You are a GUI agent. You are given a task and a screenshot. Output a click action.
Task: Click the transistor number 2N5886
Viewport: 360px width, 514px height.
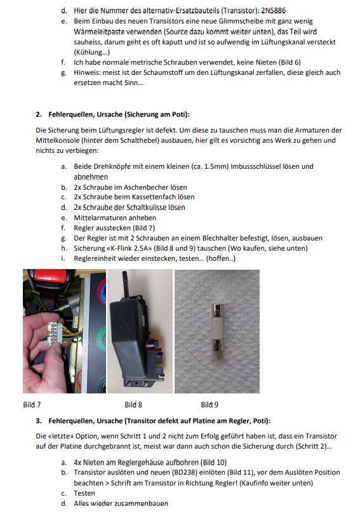point(274,11)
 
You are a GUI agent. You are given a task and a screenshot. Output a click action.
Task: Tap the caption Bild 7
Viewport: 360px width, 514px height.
point(32,404)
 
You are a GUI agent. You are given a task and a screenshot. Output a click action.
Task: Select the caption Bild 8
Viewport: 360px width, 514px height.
point(133,404)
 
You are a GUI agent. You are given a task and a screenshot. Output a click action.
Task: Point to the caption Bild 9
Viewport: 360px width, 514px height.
point(210,404)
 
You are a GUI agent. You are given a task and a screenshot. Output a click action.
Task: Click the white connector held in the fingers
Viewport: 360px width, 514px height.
point(53,332)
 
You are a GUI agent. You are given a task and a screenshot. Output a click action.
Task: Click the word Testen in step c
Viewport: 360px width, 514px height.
point(84,493)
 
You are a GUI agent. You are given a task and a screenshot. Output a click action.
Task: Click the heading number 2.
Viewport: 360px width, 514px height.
point(39,114)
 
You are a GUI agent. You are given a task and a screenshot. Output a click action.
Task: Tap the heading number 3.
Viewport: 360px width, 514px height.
point(39,421)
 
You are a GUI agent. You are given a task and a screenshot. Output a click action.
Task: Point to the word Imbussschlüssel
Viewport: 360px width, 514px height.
point(256,166)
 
